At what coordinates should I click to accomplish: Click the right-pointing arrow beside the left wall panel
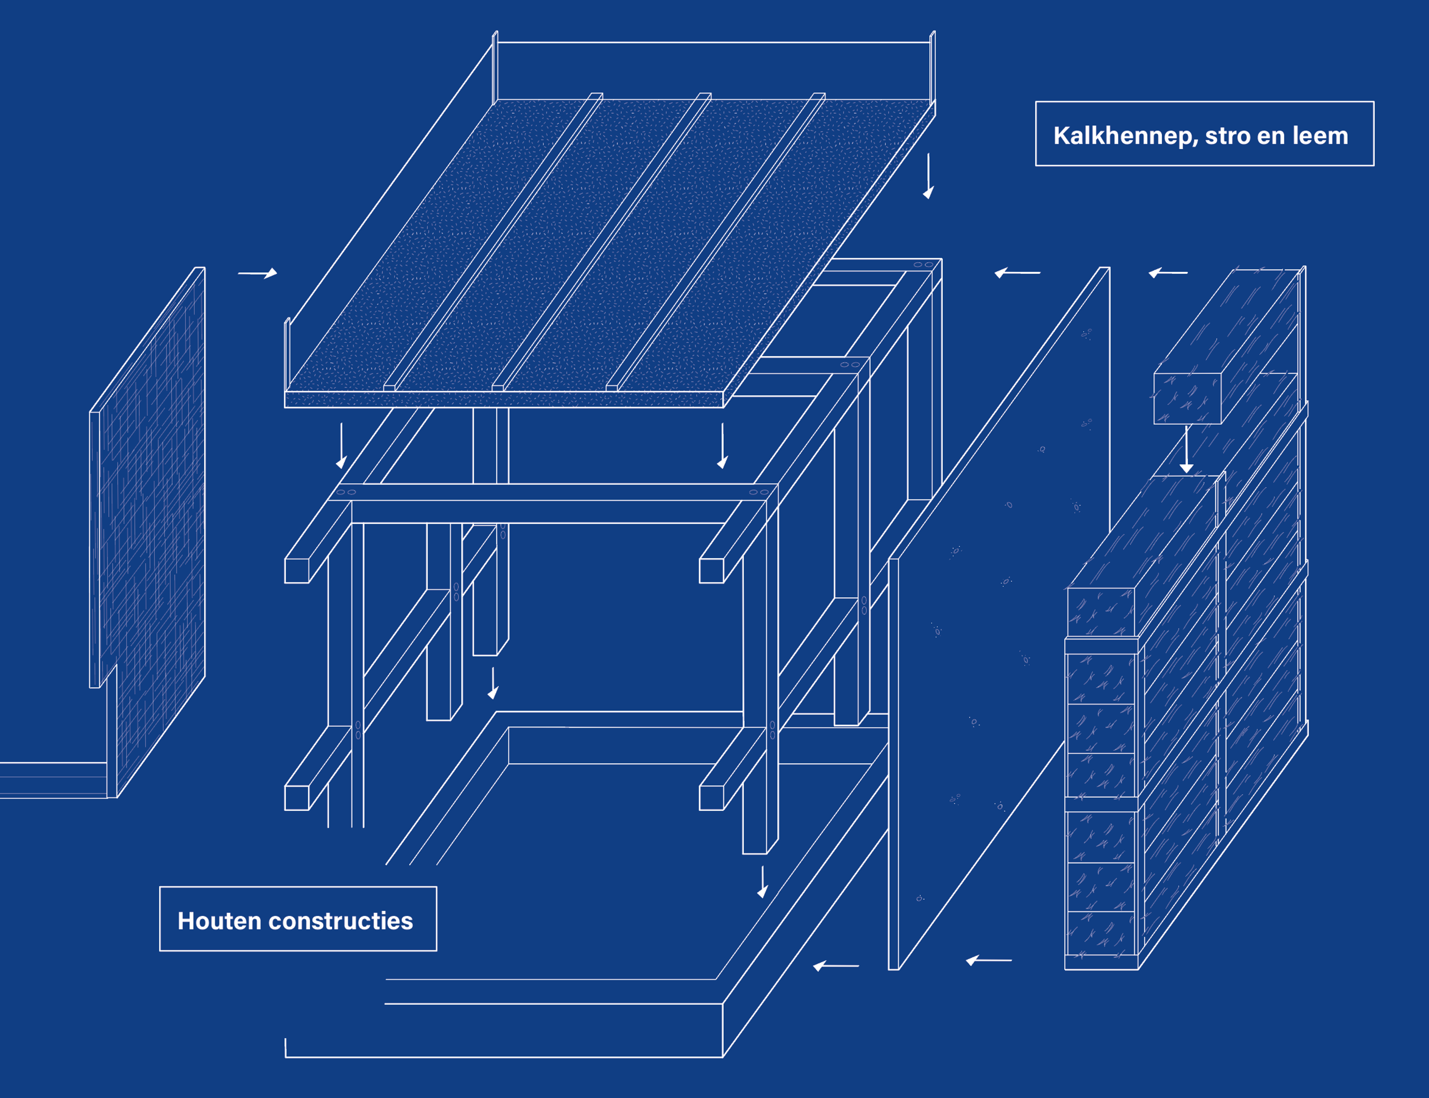pyautogui.click(x=258, y=273)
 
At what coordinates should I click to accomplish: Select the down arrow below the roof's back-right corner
pyautogui.click(x=928, y=176)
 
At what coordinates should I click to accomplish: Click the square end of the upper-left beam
pyautogui.click(x=296, y=570)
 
